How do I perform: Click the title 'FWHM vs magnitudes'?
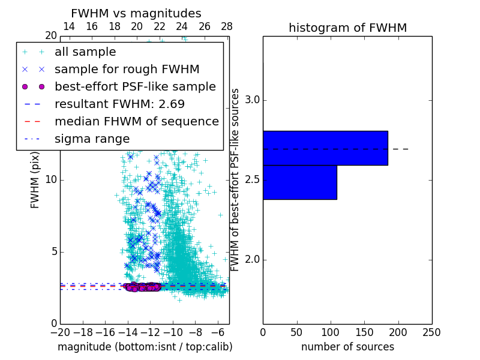point(136,13)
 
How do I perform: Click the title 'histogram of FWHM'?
point(347,28)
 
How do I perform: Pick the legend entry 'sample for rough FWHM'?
point(127,69)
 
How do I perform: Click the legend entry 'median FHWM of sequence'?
point(136,121)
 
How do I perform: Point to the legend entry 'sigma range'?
point(92,139)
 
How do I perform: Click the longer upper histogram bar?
point(325,148)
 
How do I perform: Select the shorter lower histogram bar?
point(300,182)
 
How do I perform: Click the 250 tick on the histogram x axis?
point(431,332)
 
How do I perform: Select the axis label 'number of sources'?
point(347,347)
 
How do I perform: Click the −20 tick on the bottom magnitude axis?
point(60,332)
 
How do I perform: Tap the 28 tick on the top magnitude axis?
point(226,26)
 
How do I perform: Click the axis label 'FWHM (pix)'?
point(35,179)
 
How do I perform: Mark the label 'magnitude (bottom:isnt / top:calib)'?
point(145,347)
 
